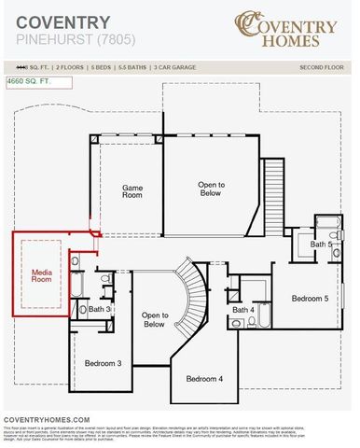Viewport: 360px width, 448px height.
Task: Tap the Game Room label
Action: (133, 191)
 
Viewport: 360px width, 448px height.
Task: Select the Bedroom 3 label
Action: (104, 362)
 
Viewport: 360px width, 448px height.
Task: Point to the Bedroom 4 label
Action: (203, 378)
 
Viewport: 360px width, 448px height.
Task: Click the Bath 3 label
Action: (100, 308)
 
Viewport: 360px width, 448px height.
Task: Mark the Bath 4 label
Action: (243, 309)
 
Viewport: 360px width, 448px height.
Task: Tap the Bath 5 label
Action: (322, 244)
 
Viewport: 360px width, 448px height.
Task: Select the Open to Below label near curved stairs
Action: (154, 320)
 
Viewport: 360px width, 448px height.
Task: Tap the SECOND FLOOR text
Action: (321, 68)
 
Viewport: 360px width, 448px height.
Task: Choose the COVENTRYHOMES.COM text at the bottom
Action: (47, 420)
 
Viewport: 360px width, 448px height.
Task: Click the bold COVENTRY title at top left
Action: (63, 22)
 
